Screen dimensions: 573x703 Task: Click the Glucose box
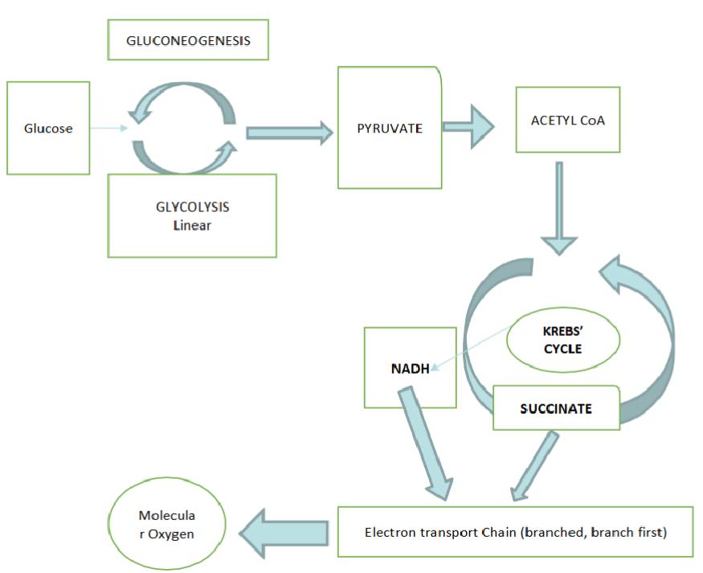47,128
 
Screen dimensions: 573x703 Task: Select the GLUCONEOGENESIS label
187,40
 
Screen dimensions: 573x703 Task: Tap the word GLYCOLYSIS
192,207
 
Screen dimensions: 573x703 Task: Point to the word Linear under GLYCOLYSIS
192,225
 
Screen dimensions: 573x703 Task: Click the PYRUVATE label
390,129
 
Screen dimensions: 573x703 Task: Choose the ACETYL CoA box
567,120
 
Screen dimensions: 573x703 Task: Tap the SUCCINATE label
556,408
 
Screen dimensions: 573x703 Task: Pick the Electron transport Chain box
515,531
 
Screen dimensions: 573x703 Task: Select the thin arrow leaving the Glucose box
108,128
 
